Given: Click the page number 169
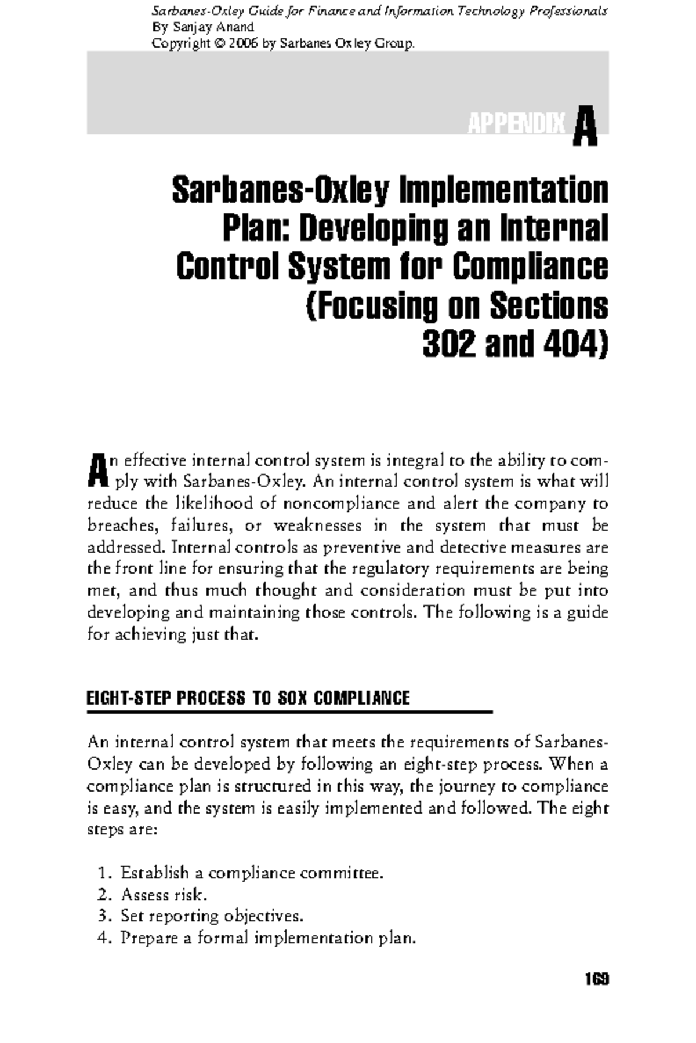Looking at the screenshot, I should [x=596, y=979].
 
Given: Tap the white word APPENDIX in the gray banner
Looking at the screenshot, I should [x=516, y=124].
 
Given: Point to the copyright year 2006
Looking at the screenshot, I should [x=244, y=43].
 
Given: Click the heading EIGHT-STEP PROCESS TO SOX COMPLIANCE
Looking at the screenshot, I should [x=248, y=698].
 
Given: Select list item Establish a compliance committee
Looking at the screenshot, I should [x=252, y=873].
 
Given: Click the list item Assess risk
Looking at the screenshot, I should [x=164, y=895].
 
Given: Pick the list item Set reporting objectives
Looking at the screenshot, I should [x=212, y=916].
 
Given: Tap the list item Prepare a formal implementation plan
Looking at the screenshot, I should [x=268, y=938].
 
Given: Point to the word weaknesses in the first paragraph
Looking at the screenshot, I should [x=318, y=526].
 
